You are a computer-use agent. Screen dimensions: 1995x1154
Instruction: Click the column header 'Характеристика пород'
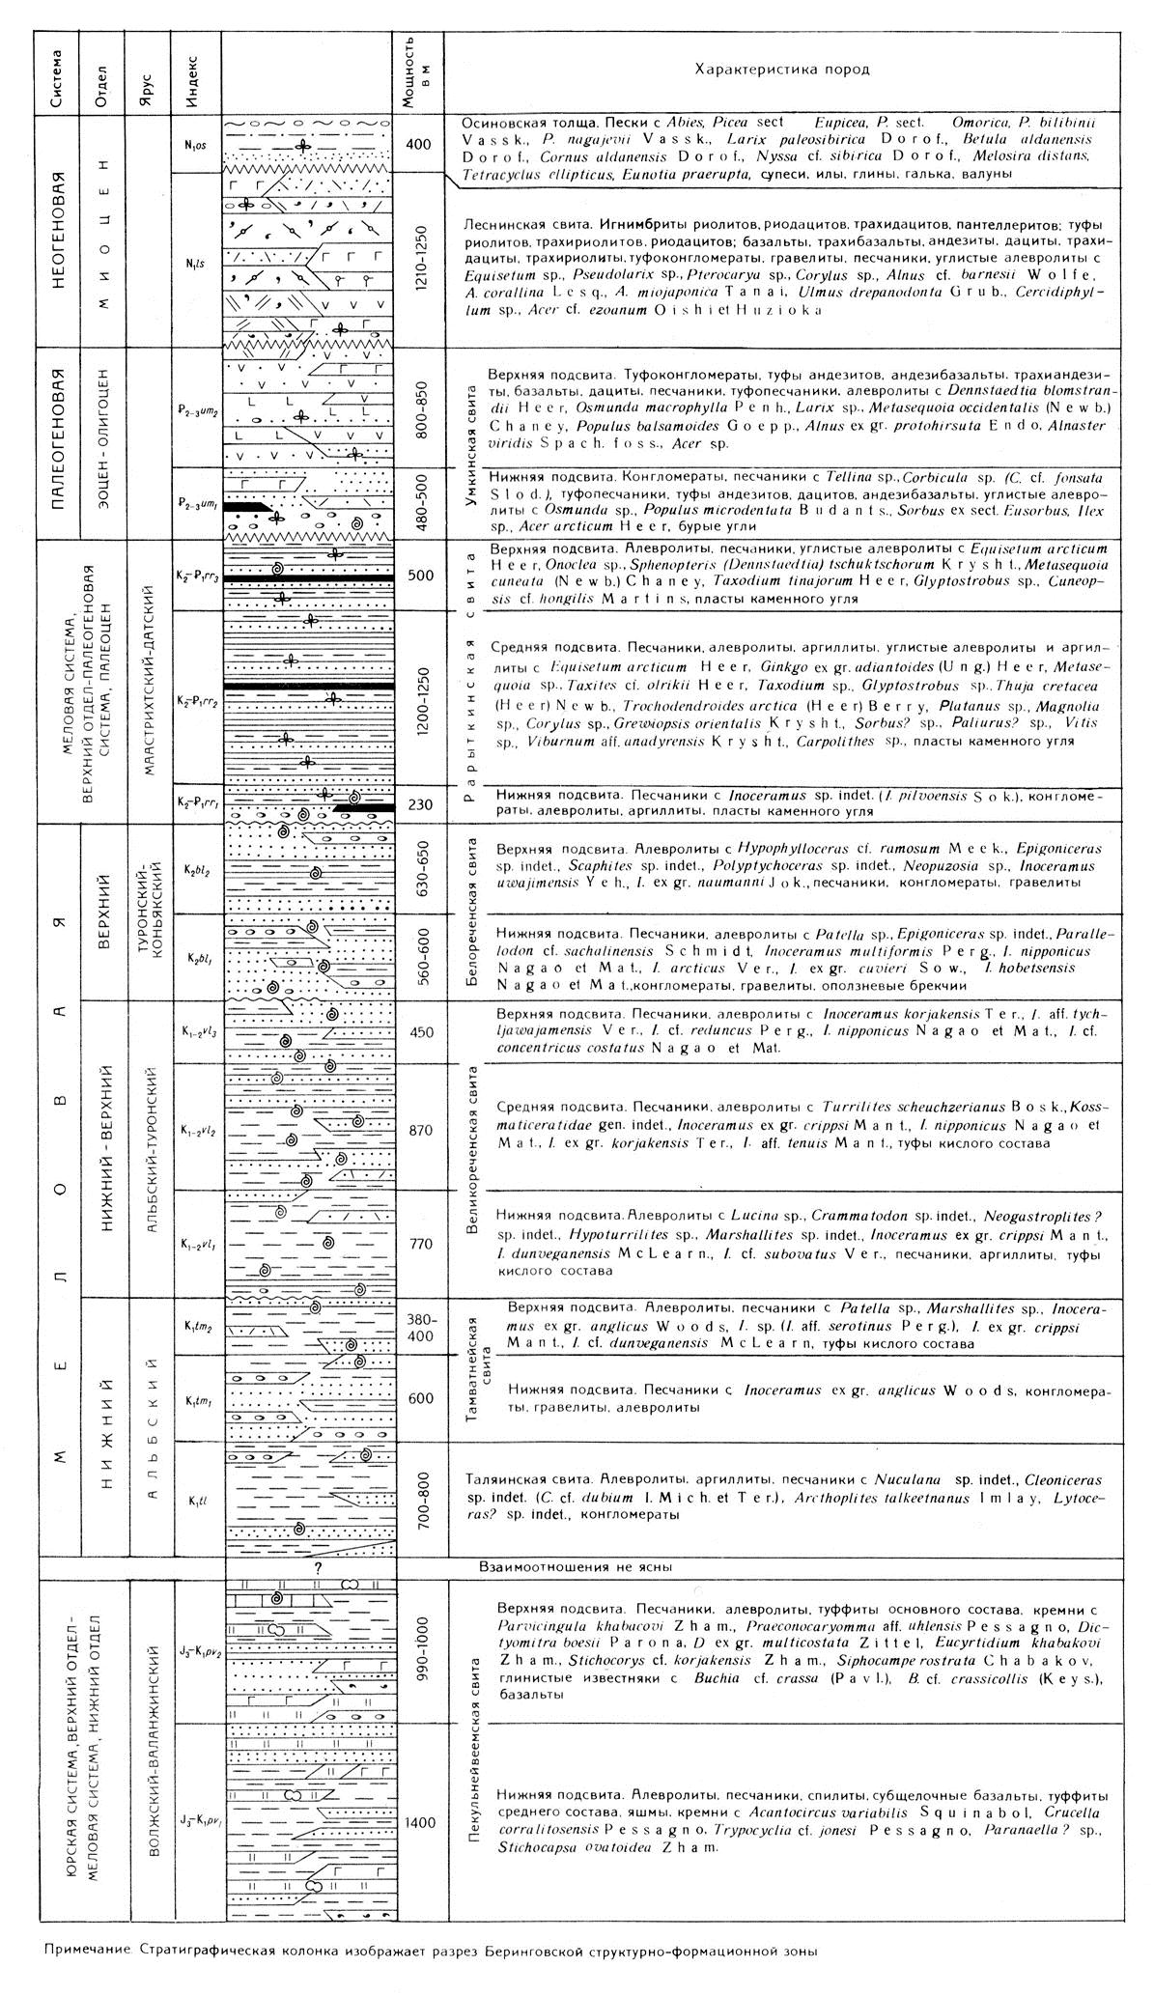tap(781, 70)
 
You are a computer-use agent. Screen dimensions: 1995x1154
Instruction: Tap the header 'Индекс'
tap(190, 73)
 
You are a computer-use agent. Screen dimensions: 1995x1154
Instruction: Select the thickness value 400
tap(417, 145)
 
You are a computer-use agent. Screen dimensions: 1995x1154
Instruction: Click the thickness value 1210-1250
tap(417, 261)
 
